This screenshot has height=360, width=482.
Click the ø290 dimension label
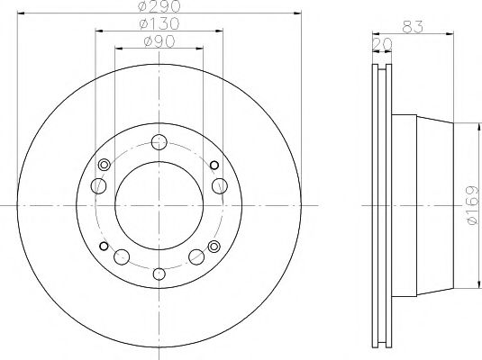point(159,8)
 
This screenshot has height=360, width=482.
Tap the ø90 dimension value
point(159,42)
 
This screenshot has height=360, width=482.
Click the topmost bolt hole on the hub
point(159,141)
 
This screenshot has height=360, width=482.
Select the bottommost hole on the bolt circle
point(159,274)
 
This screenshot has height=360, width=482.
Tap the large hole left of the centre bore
point(98,185)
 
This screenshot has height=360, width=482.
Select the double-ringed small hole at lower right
point(214,247)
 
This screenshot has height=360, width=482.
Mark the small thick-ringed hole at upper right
point(214,165)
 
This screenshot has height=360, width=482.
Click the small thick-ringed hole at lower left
point(105,247)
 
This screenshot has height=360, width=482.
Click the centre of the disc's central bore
point(159,206)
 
